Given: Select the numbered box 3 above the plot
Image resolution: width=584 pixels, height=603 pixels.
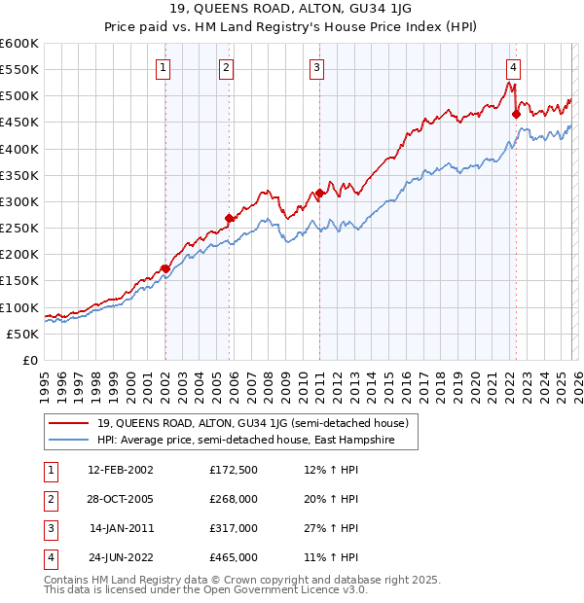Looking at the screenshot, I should click(x=317, y=67).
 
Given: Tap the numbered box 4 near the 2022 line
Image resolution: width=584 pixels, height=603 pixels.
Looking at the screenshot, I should click(x=512, y=67).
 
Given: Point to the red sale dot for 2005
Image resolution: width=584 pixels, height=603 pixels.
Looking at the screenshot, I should click(x=230, y=218).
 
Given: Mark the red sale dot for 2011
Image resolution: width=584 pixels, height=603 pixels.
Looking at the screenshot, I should click(x=319, y=194).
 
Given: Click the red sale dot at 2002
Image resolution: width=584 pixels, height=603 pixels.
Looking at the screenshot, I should click(x=165, y=268).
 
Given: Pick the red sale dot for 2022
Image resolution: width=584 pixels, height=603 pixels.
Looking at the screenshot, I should click(x=516, y=115).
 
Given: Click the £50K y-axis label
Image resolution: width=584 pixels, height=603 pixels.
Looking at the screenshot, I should click(x=22, y=334).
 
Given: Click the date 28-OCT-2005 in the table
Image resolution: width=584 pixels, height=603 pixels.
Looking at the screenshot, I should click(x=120, y=499).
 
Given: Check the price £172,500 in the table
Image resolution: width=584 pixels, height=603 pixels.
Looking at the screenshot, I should click(x=234, y=470).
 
